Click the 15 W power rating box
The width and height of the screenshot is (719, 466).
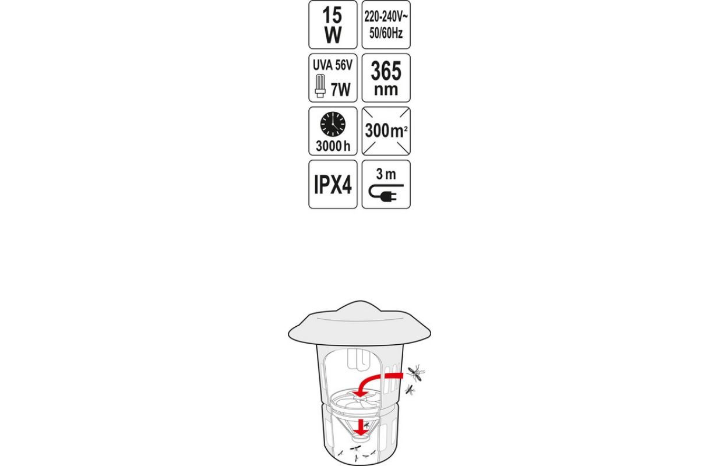pos(333,24)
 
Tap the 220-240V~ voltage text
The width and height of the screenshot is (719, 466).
pos(386,17)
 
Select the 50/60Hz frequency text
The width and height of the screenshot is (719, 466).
pos(386,33)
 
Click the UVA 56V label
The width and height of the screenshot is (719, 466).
pos(333,65)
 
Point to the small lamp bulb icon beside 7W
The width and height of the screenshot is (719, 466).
pos(320,86)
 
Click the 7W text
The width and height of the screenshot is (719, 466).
pos(340,90)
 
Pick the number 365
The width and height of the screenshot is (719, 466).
pos(386,71)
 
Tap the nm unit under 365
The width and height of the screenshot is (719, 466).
pos(386,90)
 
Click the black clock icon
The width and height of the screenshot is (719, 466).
pos(333,124)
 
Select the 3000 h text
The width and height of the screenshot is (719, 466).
pos(333,146)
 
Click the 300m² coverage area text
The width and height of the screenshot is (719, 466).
pos(386,130)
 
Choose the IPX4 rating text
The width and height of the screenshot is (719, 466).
pos(333,185)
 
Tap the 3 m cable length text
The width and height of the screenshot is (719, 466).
pos(386,174)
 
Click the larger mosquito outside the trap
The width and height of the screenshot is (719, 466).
pos(416,373)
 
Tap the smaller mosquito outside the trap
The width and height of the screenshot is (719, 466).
pos(410,390)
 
